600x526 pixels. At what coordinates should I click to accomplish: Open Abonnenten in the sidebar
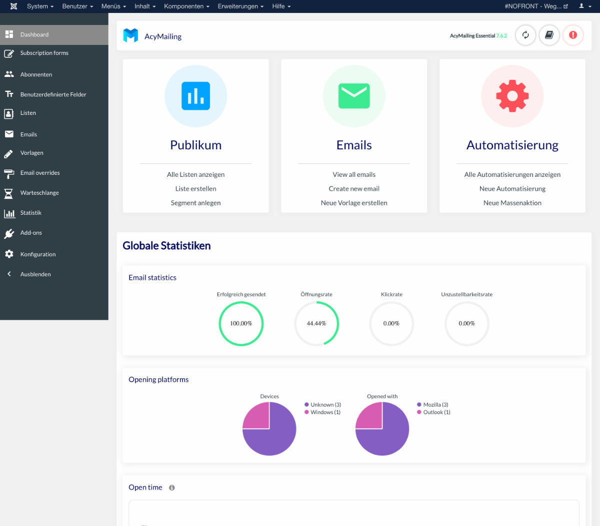[x=36, y=74]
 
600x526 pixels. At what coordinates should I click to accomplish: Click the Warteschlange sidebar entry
[x=39, y=193]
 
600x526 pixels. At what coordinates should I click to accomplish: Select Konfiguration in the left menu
[x=37, y=254]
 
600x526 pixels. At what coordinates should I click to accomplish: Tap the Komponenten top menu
[x=186, y=6]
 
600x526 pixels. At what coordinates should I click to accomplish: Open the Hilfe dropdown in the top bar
[x=281, y=6]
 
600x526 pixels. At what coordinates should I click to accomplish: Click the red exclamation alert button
[x=573, y=35]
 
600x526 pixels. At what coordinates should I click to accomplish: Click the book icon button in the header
[x=549, y=35]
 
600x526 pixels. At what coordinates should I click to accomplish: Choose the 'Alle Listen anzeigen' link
[x=195, y=174]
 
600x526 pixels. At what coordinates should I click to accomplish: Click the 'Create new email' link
[x=354, y=189]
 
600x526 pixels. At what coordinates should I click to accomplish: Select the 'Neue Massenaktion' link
[x=512, y=203]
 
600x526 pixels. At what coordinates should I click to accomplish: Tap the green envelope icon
[x=354, y=96]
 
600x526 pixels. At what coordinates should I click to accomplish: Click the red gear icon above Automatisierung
[x=512, y=96]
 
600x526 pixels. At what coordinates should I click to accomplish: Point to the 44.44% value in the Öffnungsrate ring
[x=316, y=324]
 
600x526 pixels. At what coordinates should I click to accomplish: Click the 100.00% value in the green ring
[x=241, y=324]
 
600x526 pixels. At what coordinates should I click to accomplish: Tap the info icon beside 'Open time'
[x=172, y=488]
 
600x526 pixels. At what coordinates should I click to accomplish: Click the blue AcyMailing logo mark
[x=130, y=35]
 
